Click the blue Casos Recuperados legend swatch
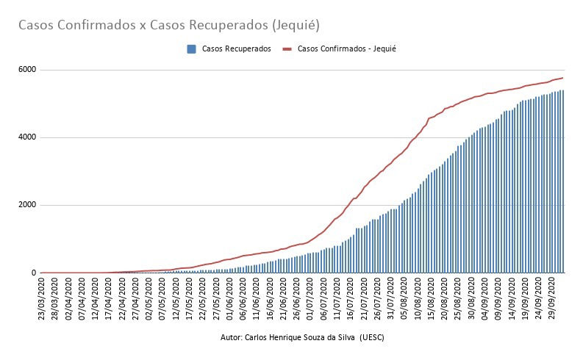point(191,49)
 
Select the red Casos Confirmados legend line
point(289,49)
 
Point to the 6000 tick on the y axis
point(27,70)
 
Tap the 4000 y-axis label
point(27,137)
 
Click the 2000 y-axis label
point(27,205)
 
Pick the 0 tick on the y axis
point(33,273)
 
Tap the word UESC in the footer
point(373,337)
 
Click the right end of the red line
point(563,78)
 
